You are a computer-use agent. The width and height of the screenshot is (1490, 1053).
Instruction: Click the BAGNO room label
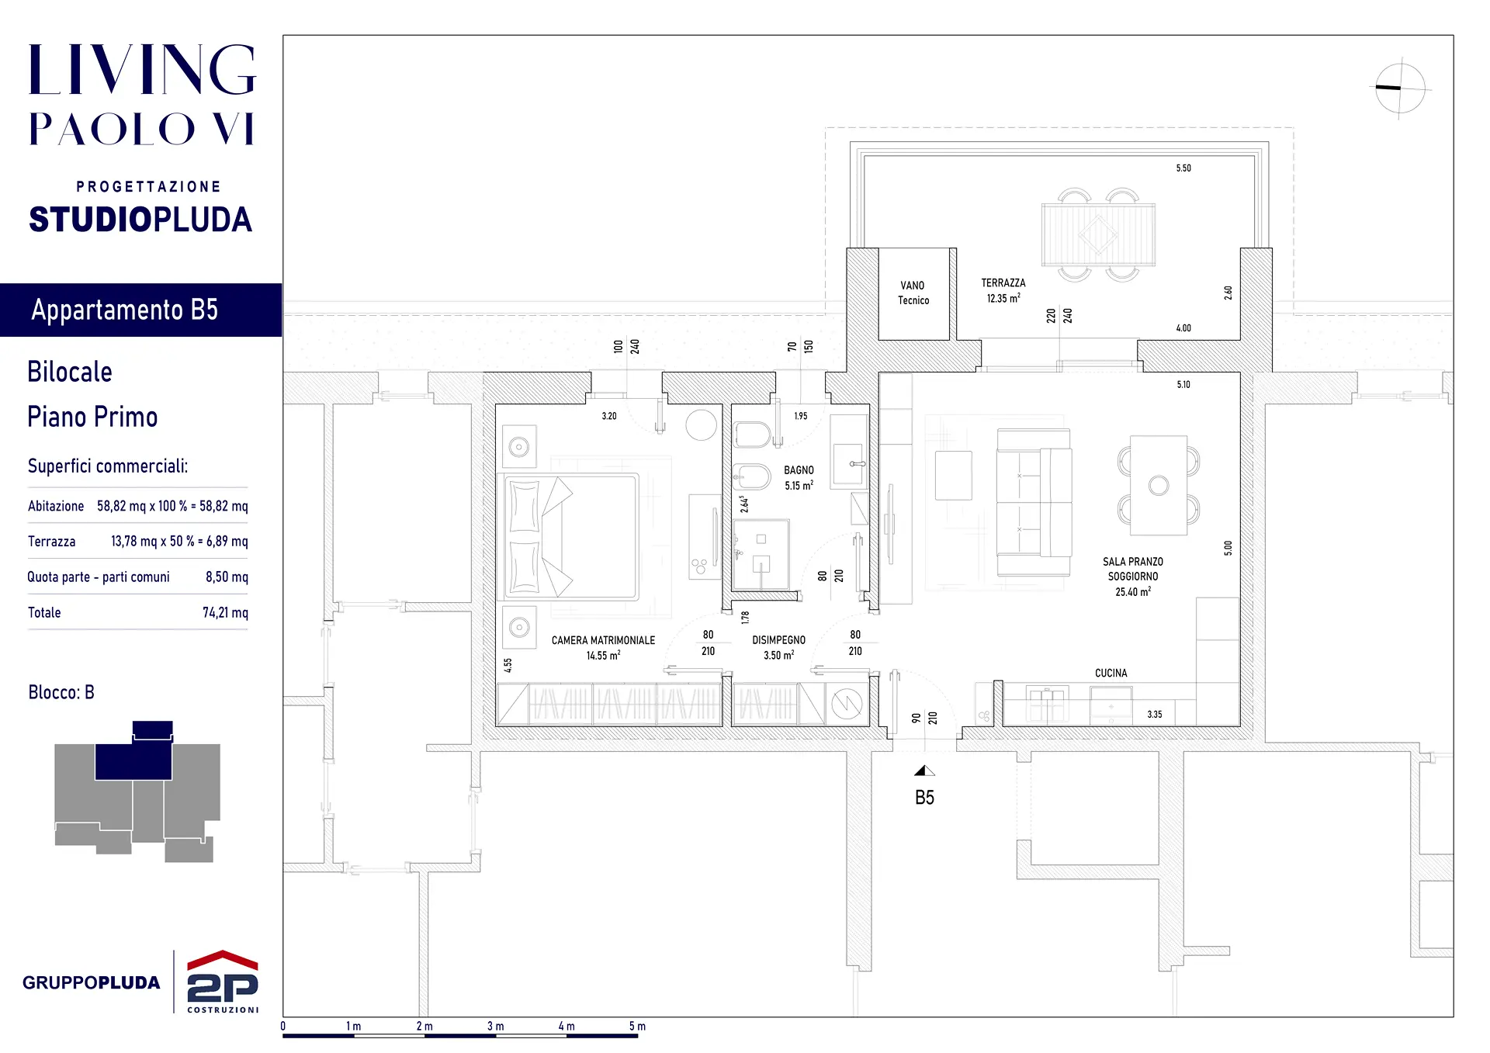pos(799,470)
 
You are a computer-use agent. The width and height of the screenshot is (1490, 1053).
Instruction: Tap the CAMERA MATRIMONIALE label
pos(603,640)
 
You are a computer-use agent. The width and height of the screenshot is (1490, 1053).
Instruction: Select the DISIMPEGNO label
pos(778,640)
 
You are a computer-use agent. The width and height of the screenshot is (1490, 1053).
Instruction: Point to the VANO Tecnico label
pos(913,293)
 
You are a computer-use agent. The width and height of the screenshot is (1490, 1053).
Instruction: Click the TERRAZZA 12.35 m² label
pos(1003,290)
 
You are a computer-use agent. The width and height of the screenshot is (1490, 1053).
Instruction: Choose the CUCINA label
pos(1111,673)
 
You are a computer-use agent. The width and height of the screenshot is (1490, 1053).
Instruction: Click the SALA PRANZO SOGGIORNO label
pos(1133,569)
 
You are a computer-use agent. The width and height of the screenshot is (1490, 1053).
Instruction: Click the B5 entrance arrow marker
pos(924,771)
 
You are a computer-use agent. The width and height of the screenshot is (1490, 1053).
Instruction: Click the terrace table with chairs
pos(1097,234)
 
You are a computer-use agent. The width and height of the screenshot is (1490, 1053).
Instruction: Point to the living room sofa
pos(1034,502)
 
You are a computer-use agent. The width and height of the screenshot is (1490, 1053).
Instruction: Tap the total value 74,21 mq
pos(225,612)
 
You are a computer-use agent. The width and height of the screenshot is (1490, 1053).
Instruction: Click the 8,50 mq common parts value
pos(227,577)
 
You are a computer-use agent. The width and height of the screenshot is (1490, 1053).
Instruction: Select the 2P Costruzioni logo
pos(223,982)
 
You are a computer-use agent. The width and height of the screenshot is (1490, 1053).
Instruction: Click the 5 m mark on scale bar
pos(637,1026)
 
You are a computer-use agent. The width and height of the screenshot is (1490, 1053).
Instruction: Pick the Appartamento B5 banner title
pos(125,310)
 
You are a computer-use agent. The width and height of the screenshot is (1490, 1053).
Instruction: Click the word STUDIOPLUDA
pos(140,220)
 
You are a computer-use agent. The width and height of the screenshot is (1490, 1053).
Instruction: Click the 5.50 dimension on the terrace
pos(1183,168)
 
